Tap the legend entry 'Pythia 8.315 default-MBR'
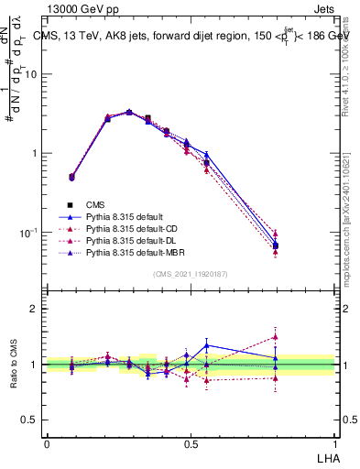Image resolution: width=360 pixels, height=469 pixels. click(x=123, y=250)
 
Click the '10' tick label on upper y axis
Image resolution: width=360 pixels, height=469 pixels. click(x=30, y=74)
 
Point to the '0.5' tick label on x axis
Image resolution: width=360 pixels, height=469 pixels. click(x=191, y=443)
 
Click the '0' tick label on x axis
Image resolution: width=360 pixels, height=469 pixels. click(x=47, y=443)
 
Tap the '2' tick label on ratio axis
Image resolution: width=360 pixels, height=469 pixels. click(x=35, y=309)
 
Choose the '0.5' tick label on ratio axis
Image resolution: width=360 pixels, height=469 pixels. click(x=30, y=420)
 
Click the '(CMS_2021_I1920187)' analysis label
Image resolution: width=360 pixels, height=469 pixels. click(x=191, y=274)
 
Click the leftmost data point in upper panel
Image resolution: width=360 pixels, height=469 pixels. click(x=71, y=177)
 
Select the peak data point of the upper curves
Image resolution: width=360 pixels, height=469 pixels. click(x=128, y=112)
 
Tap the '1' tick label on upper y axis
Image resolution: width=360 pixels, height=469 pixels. click(x=35, y=153)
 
